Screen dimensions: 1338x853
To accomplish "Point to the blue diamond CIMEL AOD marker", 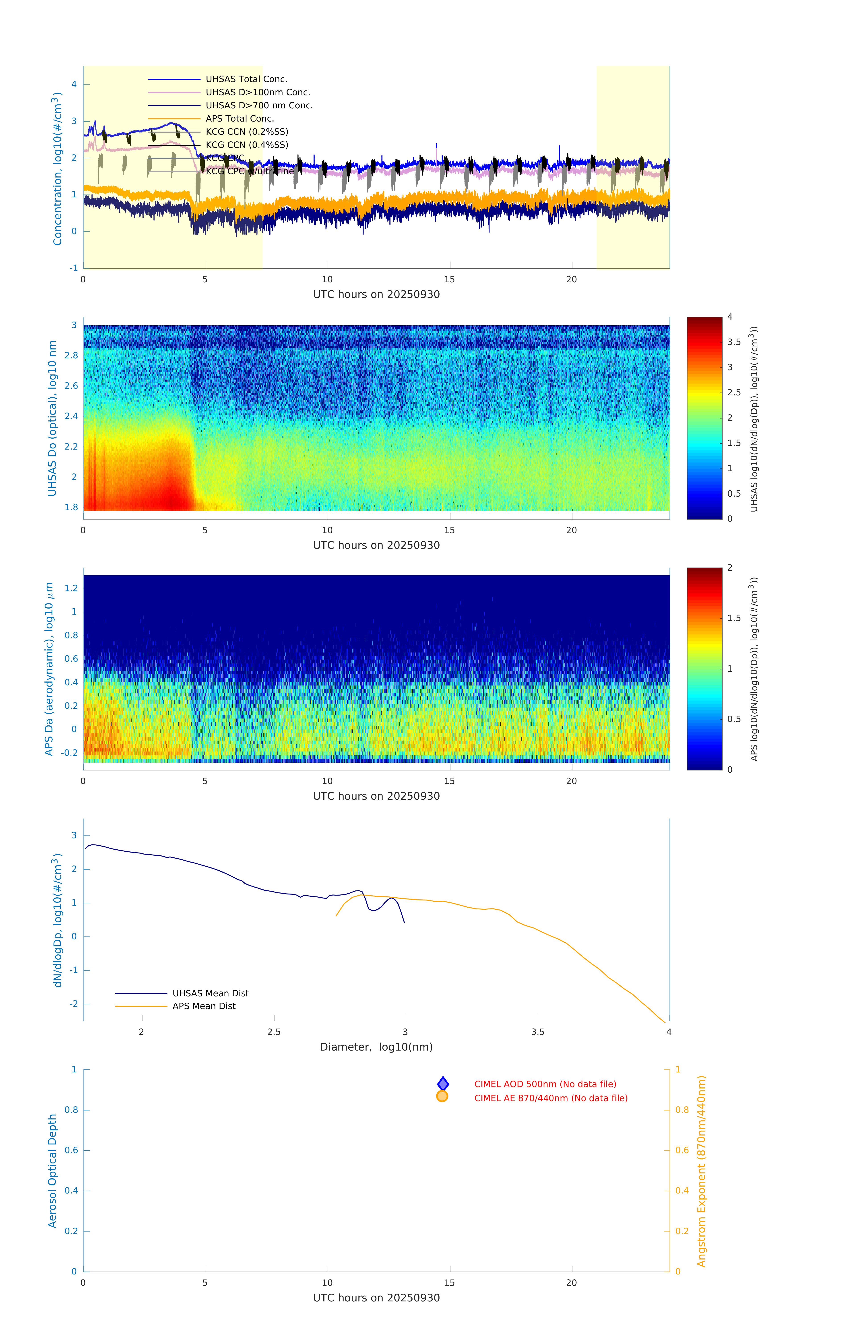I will pyautogui.click(x=443, y=1084).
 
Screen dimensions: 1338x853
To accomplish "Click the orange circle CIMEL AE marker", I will pyautogui.click(x=442, y=1096).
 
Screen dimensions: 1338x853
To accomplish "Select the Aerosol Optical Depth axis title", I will pyautogui.click(x=52, y=1171).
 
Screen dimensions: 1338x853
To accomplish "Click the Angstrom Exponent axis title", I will pyautogui.click(x=701, y=1171).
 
